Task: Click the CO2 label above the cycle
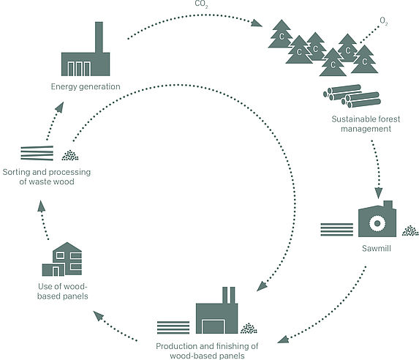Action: (201, 4)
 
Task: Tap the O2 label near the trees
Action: (384, 21)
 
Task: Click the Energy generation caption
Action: (86, 86)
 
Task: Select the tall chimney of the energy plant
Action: (99, 37)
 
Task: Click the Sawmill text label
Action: (377, 248)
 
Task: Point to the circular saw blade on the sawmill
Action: (377, 223)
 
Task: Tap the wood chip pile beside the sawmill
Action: (410, 230)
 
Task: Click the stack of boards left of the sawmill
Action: (336, 230)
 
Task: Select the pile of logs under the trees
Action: (352, 96)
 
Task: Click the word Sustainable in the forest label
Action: (352, 119)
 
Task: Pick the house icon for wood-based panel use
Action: (62, 259)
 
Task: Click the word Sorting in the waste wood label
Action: (17, 172)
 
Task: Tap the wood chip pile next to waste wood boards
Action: (70, 155)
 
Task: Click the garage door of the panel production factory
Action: (214, 326)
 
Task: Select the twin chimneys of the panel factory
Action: (229, 296)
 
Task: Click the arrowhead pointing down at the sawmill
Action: (378, 193)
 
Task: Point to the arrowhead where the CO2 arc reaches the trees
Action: (257, 23)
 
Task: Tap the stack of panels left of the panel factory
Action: (173, 327)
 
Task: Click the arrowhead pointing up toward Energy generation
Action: (59, 107)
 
